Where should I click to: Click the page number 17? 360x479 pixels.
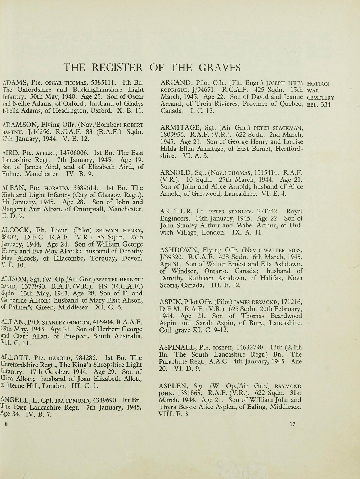pyautogui.click(x=292, y=425)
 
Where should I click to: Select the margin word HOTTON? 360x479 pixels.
pyautogui.click(x=318, y=84)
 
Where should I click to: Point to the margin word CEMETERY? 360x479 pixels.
pyautogui.click(x=321, y=98)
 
